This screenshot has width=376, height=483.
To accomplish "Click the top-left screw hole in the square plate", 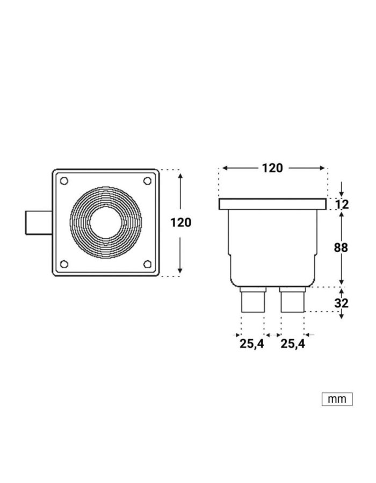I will pos(64,181).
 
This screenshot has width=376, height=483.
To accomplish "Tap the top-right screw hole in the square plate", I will pos(147,181).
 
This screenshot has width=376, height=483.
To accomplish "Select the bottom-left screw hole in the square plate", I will pos(64,264).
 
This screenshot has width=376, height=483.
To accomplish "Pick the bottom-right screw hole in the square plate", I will pos(147,264).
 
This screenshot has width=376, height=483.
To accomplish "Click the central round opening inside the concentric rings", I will pos(105,223).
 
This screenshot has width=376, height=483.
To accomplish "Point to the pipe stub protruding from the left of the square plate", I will pos(38,223).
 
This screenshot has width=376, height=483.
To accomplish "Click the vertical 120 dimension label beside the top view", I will pos(180,222).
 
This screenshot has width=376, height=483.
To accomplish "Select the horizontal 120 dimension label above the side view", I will pos(272,168).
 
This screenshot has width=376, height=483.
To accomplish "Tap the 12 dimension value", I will pos(342,204).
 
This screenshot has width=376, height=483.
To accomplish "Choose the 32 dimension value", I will pos(342,303).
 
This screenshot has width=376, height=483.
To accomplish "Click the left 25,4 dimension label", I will pos(252,344).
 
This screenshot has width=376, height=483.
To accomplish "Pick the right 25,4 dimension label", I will pos(293,344).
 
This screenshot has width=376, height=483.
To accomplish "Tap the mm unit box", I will pos(337,399).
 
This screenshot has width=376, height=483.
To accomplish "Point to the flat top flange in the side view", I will pos(272,204).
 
